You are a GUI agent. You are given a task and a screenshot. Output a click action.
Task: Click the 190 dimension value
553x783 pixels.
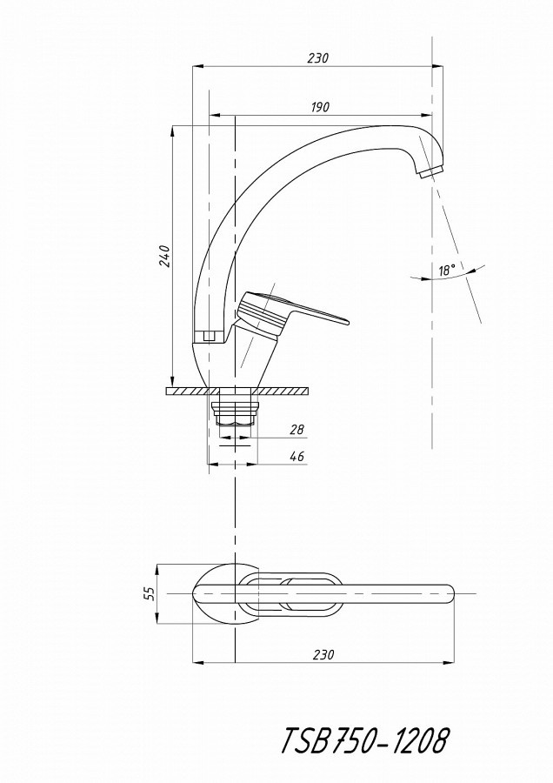coord(320,107)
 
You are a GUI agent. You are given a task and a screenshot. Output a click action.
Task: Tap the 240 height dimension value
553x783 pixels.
coord(166,256)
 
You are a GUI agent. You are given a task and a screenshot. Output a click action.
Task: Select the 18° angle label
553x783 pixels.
coord(447,271)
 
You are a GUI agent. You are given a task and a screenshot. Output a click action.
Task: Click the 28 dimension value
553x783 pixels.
coord(296,429)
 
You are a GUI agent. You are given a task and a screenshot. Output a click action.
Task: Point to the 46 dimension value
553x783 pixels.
coord(296,456)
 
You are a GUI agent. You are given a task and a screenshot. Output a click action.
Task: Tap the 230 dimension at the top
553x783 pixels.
coord(318,58)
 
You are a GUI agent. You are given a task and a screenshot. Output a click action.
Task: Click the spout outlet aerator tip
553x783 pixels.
coord(430,172)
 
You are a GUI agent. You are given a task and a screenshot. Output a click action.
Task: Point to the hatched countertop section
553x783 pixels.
coord(237,391)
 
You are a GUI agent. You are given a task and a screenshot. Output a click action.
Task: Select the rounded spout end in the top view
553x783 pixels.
coord(447,593)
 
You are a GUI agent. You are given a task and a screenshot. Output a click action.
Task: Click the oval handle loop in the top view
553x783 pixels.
coord(290,592)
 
